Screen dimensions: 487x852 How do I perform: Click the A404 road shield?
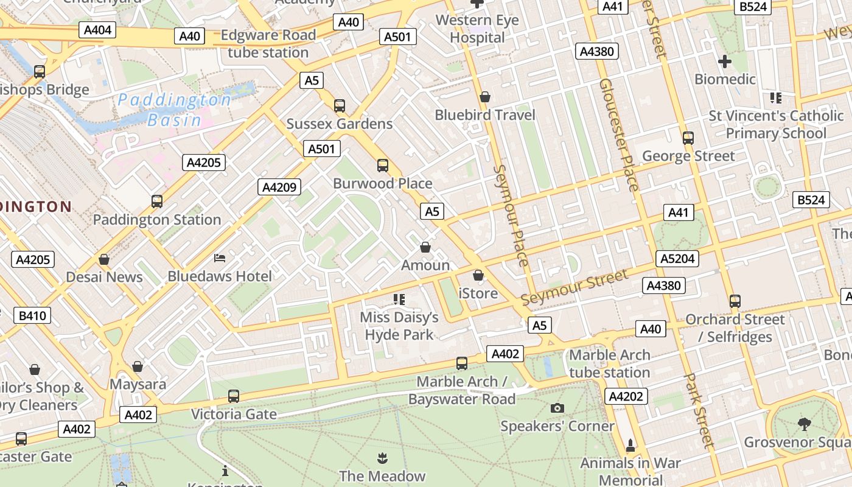tap(97, 30)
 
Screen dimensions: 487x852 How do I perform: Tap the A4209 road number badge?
tap(279, 187)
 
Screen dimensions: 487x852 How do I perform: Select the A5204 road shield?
tap(677, 259)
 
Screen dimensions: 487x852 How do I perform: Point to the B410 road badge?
tap(32, 315)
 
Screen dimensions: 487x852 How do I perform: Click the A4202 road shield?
tap(626, 396)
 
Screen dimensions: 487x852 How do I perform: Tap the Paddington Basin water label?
tap(174, 110)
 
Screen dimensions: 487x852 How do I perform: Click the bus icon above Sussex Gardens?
tap(340, 106)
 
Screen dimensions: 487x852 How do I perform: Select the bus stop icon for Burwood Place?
tap(383, 166)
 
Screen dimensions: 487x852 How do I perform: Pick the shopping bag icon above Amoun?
tap(425, 247)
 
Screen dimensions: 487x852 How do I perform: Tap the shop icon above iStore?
tap(478, 276)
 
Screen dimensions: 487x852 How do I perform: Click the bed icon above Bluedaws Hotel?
tap(220, 259)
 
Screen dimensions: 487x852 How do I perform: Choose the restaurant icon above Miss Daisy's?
tap(399, 299)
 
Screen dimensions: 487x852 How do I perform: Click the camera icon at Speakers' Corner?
tap(557, 408)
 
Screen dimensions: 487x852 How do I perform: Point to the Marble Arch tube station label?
tap(609, 363)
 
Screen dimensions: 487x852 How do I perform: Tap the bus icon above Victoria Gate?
tap(233, 396)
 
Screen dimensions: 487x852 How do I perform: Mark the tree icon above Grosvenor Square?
tap(804, 424)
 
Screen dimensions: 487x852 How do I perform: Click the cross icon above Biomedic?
tap(724, 61)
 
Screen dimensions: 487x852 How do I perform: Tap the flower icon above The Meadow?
tap(382, 458)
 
